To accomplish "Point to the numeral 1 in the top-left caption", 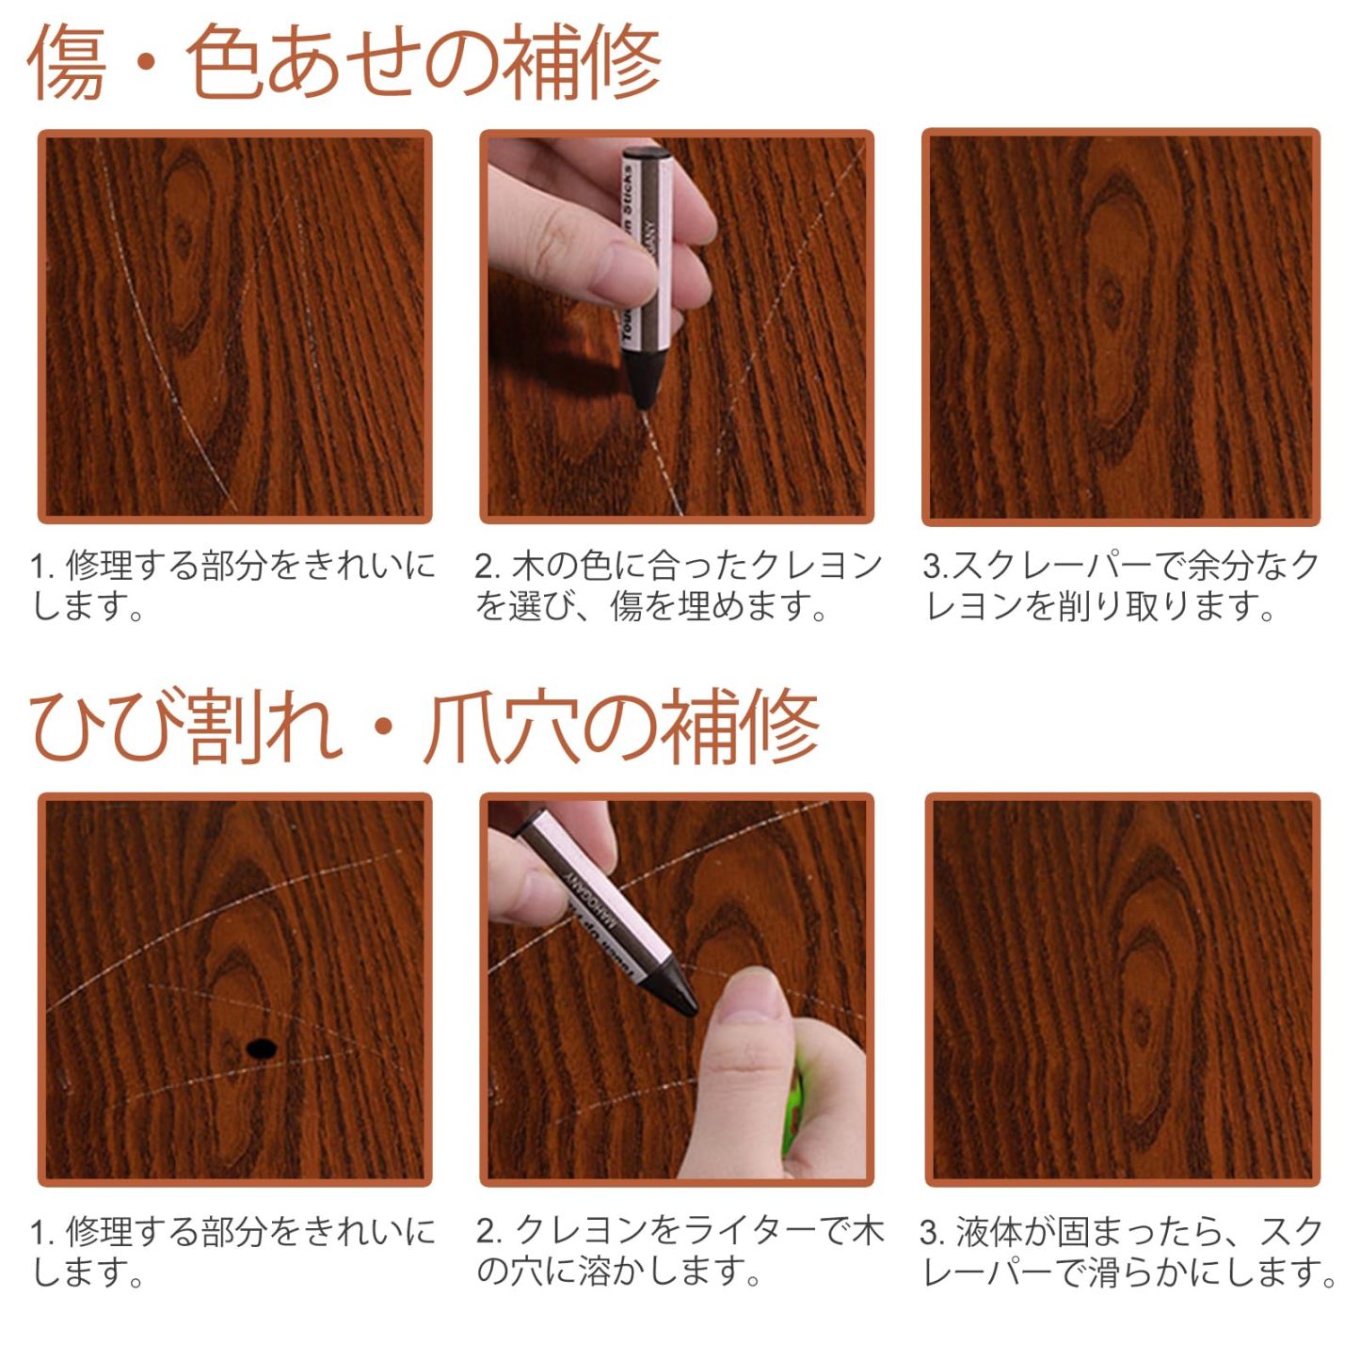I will click(38, 567).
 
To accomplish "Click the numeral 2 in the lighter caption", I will click(486, 1231).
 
